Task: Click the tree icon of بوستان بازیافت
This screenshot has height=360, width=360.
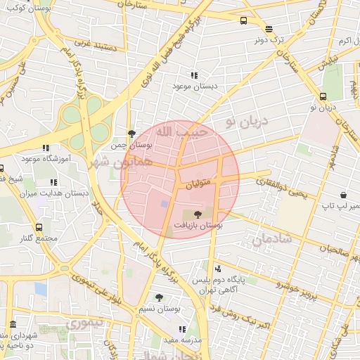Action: [x=196, y=214]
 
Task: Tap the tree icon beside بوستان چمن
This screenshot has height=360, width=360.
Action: [x=131, y=133]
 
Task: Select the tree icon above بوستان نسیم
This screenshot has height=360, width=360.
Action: [x=159, y=297]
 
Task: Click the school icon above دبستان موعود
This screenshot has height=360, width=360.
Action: [x=194, y=75]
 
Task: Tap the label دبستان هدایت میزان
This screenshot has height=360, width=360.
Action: [x=62, y=192]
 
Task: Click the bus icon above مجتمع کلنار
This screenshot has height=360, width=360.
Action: [x=38, y=227]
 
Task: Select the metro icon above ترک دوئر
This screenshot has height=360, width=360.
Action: [x=269, y=29]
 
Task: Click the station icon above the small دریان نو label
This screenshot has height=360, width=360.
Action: [x=323, y=96]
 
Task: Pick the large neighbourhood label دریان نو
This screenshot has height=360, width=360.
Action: [x=247, y=122]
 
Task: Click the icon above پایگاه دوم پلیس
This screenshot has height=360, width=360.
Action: [x=217, y=268]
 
